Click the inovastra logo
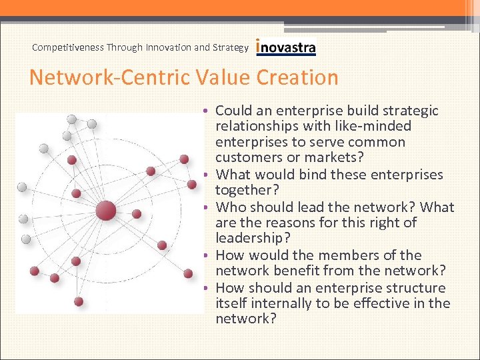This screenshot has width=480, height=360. (x=286, y=47)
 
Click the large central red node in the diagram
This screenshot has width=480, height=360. (x=105, y=212)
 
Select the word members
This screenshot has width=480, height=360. (x=369, y=255)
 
